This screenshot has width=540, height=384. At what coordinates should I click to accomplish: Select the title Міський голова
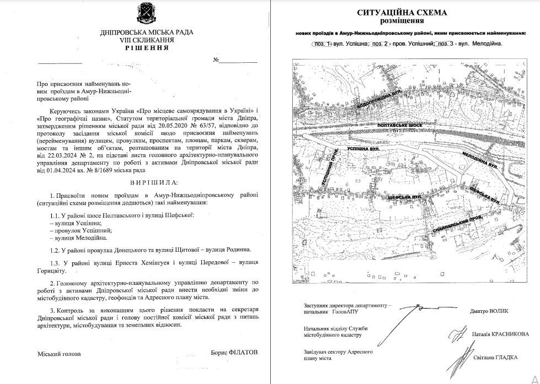(58, 354)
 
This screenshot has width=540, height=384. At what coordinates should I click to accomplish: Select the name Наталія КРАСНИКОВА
(499, 334)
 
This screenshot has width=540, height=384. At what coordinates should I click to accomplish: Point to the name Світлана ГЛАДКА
(495, 357)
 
